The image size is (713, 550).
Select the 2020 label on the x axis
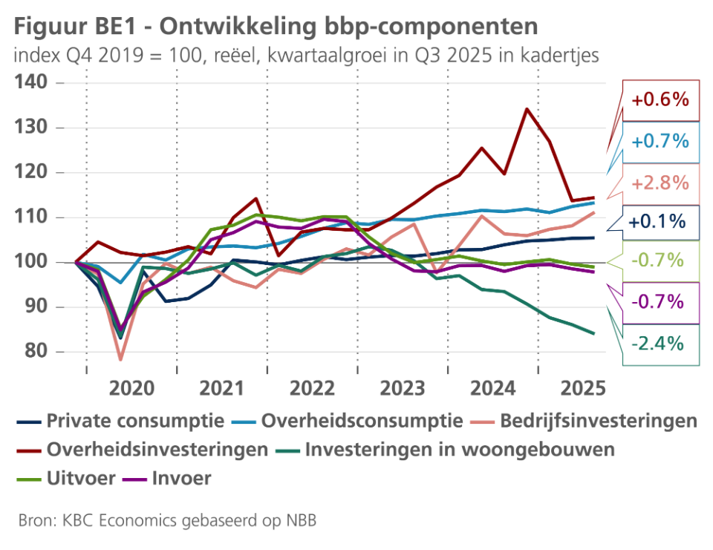132,387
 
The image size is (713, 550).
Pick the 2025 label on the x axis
584,387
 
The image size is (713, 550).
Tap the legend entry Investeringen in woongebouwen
460,450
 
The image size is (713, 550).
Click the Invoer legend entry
181,478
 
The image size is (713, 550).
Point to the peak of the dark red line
527,109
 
